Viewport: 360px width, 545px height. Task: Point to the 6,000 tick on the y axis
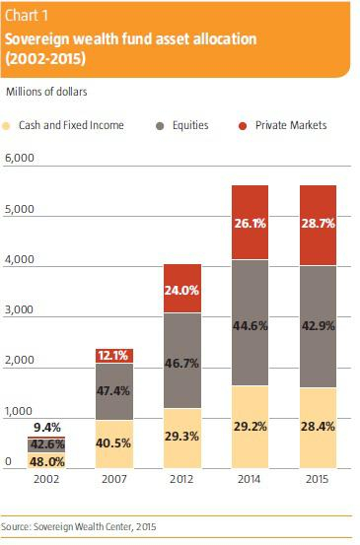[x=20, y=158]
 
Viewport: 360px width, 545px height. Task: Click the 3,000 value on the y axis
[x=20, y=309]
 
